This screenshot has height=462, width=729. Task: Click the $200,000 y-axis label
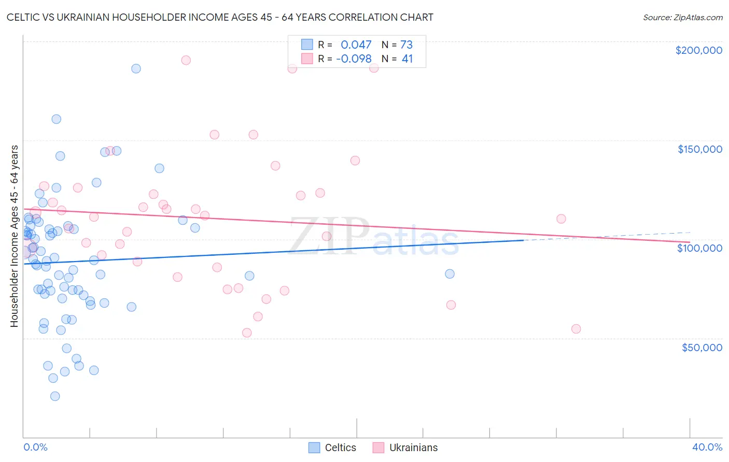pyautogui.click(x=698, y=50)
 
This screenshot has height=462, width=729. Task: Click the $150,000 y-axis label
pyautogui.click(x=699, y=149)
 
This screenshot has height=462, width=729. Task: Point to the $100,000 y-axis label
pyautogui.click(x=699, y=248)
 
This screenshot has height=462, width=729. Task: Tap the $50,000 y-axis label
pyautogui.click(x=702, y=347)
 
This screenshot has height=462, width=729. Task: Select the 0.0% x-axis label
pyautogui.click(x=35, y=447)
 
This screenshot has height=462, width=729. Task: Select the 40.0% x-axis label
pyautogui.click(x=707, y=447)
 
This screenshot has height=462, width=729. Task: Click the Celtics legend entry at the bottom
pyautogui.click(x=332, y=447)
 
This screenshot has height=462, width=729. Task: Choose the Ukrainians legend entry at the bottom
pyautogui.click(x=405, y=447)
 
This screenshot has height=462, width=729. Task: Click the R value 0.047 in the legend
pyautogui.click(x=356, y=45)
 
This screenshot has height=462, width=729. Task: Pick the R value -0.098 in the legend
pyautogui.click(x=354, y=59)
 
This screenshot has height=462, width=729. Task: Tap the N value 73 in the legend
pyautogui.click(x=406, y=45)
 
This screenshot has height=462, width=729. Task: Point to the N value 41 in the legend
pyautogui.click(x=408, y=59)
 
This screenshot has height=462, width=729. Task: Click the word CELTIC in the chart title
pyautogui.click(x=25, y=17)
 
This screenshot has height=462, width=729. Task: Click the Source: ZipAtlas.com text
pyautogui.click(x=682, y=18)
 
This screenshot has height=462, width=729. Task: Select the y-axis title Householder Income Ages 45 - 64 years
pyautogui.click(x=15, y=236)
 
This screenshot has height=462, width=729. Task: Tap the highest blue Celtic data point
pyautogui.click(x=136, y=68)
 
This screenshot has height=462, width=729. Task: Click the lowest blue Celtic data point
pyautogui.click(x=55, y=396)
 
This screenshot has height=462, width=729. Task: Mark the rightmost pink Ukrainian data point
pyautogui.click(x=576, y=329)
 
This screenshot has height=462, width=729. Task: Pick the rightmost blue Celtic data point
pyautogui.click(x=450, y=274)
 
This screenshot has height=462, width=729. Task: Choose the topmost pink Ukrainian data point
pyautogui.click(x=186, y=60)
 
